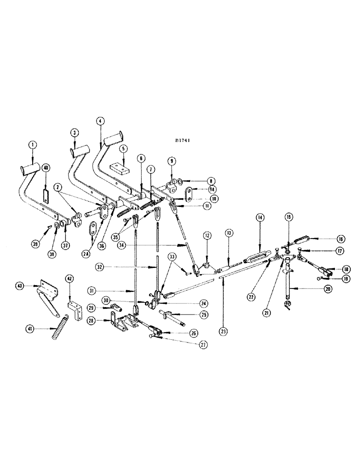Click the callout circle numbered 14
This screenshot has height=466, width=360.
click(259, 218)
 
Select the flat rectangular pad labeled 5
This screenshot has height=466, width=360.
click(118, 167)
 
